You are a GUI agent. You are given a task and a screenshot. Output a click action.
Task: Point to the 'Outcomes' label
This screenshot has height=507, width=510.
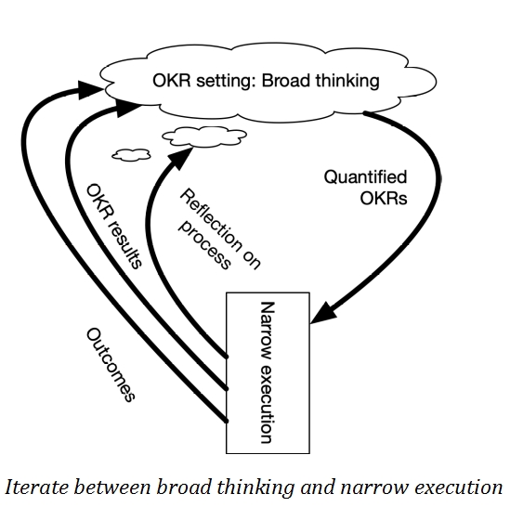(x=110, y=364)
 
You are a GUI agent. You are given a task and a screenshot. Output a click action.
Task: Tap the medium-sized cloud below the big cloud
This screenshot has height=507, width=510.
(x=199, y=137)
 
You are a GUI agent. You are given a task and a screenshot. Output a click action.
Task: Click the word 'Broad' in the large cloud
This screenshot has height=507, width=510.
(x=284, y=81)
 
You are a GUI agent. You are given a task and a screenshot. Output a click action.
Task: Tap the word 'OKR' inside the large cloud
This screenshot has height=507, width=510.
(x=170, y=81)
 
